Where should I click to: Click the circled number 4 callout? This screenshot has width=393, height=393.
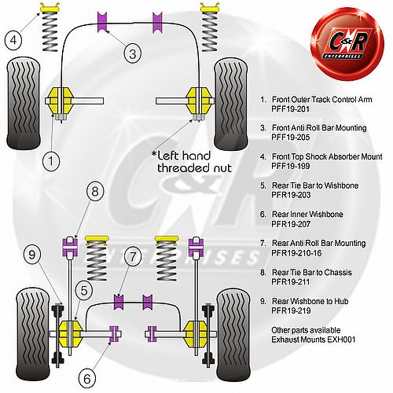pyautogui.click(x=13, y=40)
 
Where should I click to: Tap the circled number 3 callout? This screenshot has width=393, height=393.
pyautogui.click(x=133, y=53)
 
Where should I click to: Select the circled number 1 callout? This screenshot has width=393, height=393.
pyautogui.click(x=51, y=160)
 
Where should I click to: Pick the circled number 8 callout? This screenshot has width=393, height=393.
pyautogui.click(x=95, y=191)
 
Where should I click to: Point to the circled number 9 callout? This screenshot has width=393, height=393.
pyautogui.click(x=31, y=254)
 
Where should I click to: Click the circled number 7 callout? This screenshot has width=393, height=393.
pyautogui.click(x=133, y=257)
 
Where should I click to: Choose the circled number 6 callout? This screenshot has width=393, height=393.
pyautogui.click(x=87, y=378)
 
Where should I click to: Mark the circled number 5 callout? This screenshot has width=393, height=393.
pyautogui.click(x=84, y=290)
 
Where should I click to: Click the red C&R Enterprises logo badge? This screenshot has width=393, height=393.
pyautogui.click(x=347, y=43)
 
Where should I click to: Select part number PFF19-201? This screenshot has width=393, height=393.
pyautogui.click(x=290, y=108)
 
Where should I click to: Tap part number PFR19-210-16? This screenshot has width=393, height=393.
pyautogui.click(x=296, y=253)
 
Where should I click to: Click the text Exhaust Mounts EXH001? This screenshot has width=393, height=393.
pyautogui.click(x=314, y=340)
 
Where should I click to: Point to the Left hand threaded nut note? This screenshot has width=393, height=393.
pyautogui.click(x=192, y=162)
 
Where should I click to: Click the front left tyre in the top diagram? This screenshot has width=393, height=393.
pyautogui.click(x=24, y=104)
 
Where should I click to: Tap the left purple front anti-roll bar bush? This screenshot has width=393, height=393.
pyautogui.click(x=102, y=22)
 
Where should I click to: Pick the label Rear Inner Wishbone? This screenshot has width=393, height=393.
pyautogui.click(x=307, y=215)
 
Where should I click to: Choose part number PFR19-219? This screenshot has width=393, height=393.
pyautogui.click(x=291, y=310)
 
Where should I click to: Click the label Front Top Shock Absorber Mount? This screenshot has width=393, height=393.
pyautogui.click(x=327, y=156)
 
